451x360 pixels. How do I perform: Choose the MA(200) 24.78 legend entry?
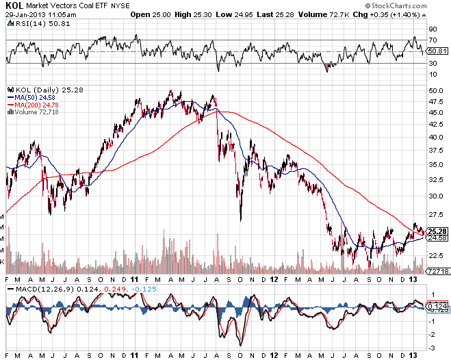(x=33, y=104)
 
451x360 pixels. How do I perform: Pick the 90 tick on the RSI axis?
(x=432, y=29)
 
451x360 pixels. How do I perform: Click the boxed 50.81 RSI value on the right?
(x=436, y=51)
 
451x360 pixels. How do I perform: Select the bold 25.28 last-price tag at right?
(x=437, y=231)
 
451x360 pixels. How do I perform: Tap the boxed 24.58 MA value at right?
(x=437, y=238)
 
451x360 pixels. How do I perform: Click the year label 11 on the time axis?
(x=134, y=279)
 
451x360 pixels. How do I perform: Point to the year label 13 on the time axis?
(x=413, y=279)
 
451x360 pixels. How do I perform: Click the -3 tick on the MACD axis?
(x=432, y=346)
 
